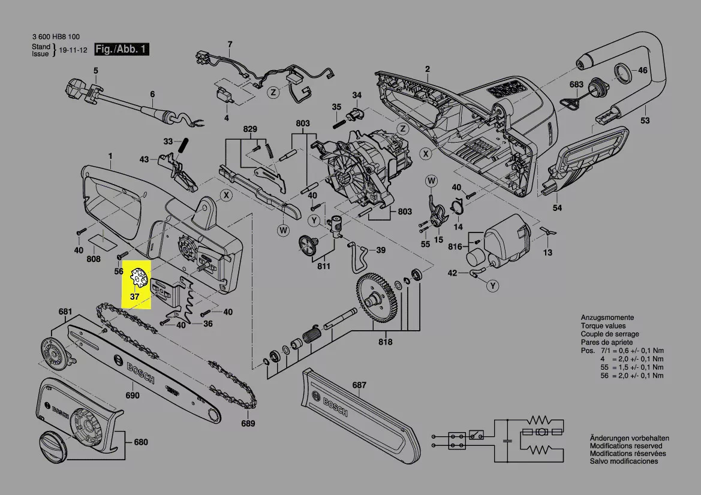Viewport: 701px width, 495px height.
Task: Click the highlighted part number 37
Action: point(135,296)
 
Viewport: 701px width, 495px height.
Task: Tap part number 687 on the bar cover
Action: point(359,385)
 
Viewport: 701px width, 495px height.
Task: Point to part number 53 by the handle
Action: point(645,121)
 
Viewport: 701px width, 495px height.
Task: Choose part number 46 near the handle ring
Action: point(643,70)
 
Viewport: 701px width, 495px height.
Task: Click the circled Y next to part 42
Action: point(492,286)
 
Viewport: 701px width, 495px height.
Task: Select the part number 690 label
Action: point(132,396)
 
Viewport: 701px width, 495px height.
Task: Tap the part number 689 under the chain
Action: point(248,424)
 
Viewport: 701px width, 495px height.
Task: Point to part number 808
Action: point(94,259)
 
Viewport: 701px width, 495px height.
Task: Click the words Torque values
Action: point(603,326)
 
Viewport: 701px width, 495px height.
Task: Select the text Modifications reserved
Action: point(626,446)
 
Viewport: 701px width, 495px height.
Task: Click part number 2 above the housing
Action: point(428,69)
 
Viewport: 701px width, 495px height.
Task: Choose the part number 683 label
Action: point(576,84)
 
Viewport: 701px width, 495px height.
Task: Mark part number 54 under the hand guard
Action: point(557,208)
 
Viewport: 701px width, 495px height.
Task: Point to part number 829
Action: point(249,129)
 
